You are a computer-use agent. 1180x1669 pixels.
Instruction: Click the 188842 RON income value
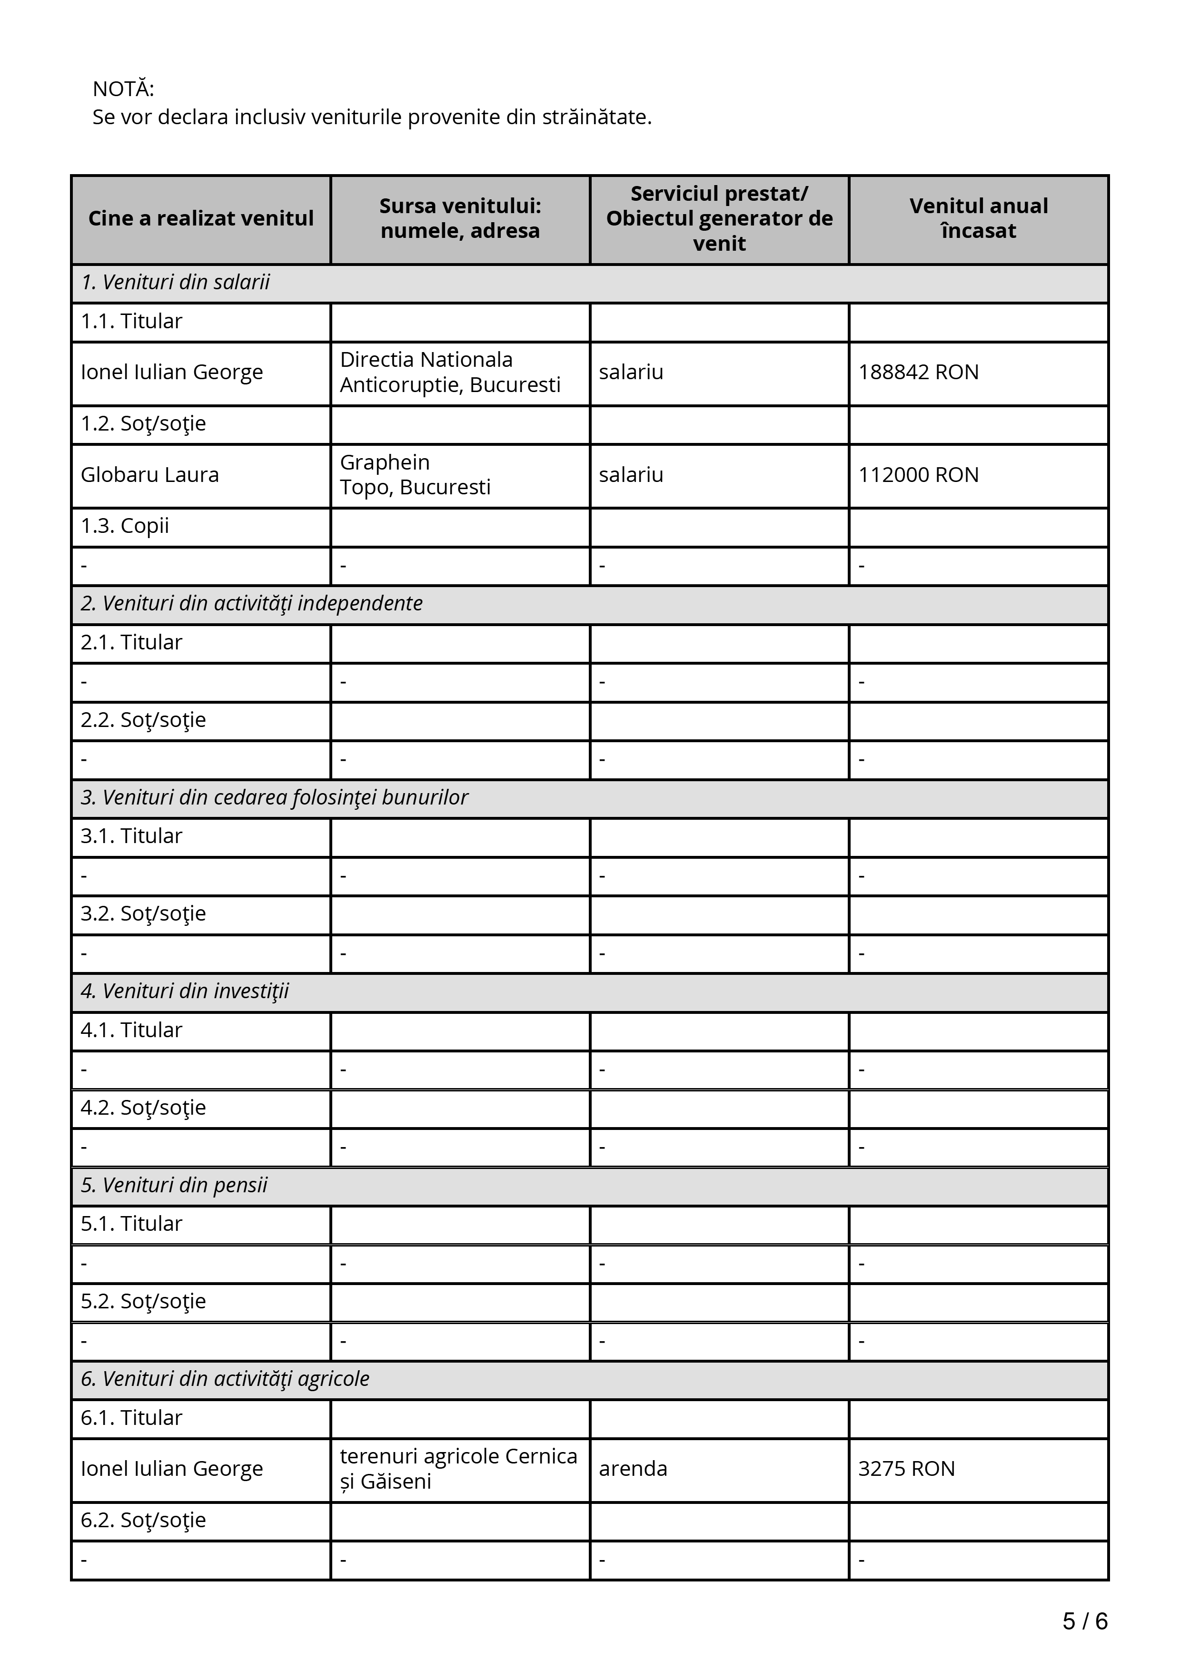click(918, 372)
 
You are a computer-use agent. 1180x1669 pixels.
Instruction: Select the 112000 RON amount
click(918, 475)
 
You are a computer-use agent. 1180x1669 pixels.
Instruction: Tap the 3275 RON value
click(906, 1468)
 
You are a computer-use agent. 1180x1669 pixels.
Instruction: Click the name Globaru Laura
click(150, 475)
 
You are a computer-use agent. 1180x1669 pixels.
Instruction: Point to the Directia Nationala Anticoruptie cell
click(450, 372)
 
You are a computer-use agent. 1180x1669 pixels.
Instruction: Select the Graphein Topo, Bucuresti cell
click(415, 475)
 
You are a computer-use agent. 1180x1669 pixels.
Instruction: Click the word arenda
click(633, 1468)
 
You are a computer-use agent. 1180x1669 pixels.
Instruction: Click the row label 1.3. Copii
click(125, 526)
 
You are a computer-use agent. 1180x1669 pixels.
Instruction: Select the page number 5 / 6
click(1085, 1620)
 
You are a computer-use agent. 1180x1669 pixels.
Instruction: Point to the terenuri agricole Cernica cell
click(458, 1468)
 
